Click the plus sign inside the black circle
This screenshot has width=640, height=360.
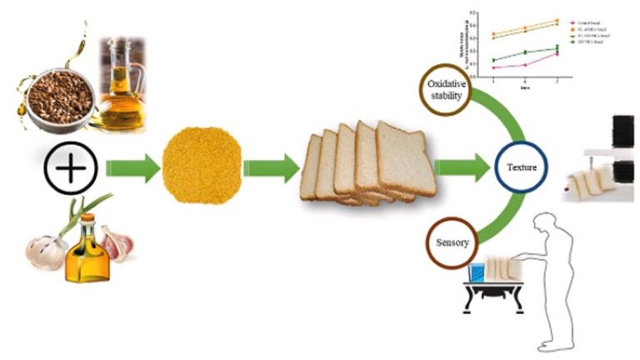[71, 167]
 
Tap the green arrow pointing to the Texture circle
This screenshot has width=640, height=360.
[462, 167]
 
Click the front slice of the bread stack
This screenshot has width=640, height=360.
[404, 159]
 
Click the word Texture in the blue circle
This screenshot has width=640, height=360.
[521, 167]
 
